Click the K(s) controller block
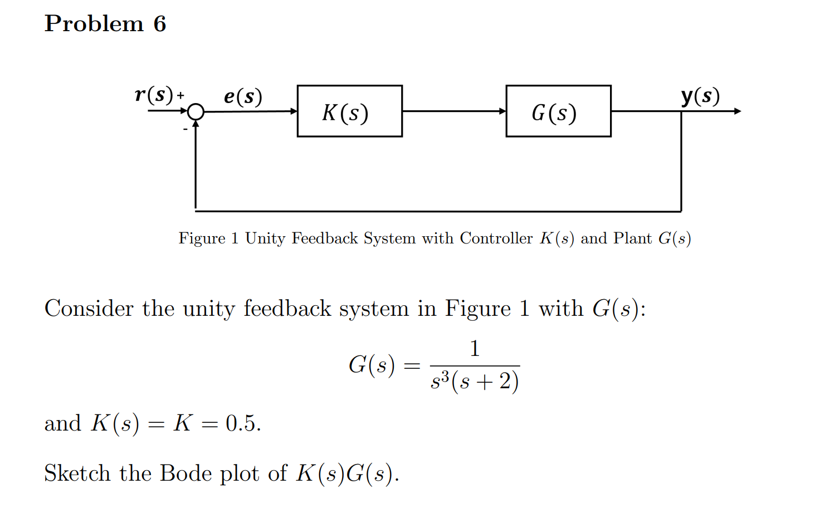pyautogui.click(x=349, y=111)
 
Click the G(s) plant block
pyautogui.click(x=558, y=111)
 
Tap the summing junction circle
pyautogui.click(x=196, y=112)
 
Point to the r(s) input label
pyautogui.click(x=154, y=95)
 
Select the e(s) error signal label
pyautogui.click(x=243, y=96)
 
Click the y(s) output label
pyautogui.click(x=700, y=96)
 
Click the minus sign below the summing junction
pyautogui.click(x=185, y=130)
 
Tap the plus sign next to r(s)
pyautogui.click(x=180, y=96)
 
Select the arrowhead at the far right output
pyautogui.click(x=738, y=111)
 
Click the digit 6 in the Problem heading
pyautogui.click(x=160, y=24)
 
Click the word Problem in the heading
pyautogui.click(x=94, y=24)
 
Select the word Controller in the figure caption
pyautogui.click(x=496, y=238)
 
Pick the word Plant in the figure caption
pyautogui.click(x=632, y=238)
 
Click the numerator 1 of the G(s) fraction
pyautogui.click(x=475, y=349)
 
